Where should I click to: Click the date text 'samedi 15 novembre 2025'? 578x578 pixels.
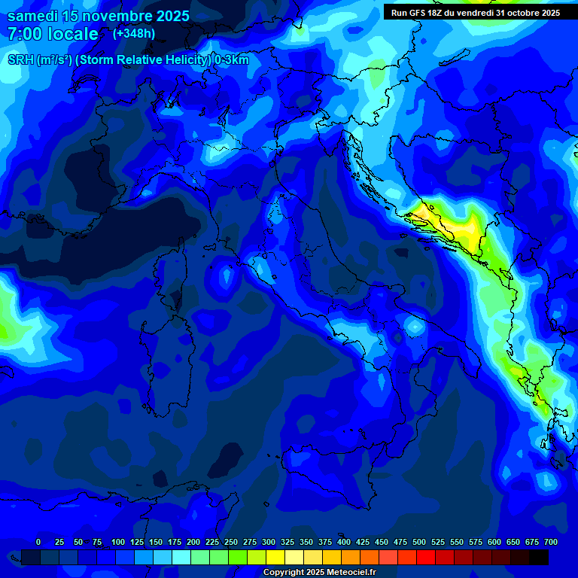(x=99, y=16)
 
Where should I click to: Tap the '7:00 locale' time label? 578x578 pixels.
(x=53, y=34)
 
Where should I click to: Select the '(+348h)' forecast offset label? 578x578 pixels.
(x=134, y=34)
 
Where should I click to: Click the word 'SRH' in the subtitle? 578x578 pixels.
(x=21, y=60)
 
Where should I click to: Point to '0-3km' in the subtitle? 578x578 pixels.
(x=232, y=60)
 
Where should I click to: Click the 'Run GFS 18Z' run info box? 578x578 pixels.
(x=476, y=13)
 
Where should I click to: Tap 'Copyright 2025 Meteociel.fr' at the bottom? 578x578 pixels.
(x=319, y=573)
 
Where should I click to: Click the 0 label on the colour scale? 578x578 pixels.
(x=38, y=542)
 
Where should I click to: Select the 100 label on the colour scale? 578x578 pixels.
(x=118, y=542)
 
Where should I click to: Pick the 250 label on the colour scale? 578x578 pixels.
(x=231, y=542)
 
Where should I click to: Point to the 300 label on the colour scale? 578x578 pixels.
(x=269, y=542)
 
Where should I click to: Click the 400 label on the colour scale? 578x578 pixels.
(x=344, y=542)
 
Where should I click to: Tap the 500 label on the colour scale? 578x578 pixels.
(x=419, y=542)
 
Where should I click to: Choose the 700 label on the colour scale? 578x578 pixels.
(x=551, y=542)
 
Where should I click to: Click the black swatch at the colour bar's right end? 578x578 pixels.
(x=539, y=557)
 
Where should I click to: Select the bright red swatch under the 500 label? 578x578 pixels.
(x=426, y=557)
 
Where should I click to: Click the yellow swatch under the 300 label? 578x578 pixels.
(x=275, y=557)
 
